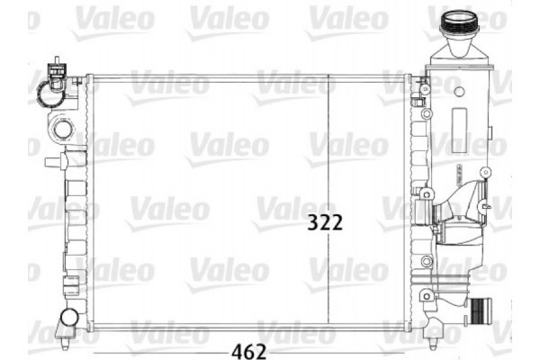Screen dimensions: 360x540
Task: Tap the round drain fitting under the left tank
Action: click(x=67, y=317)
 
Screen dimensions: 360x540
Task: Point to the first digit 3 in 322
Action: click(x=312, y=221)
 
